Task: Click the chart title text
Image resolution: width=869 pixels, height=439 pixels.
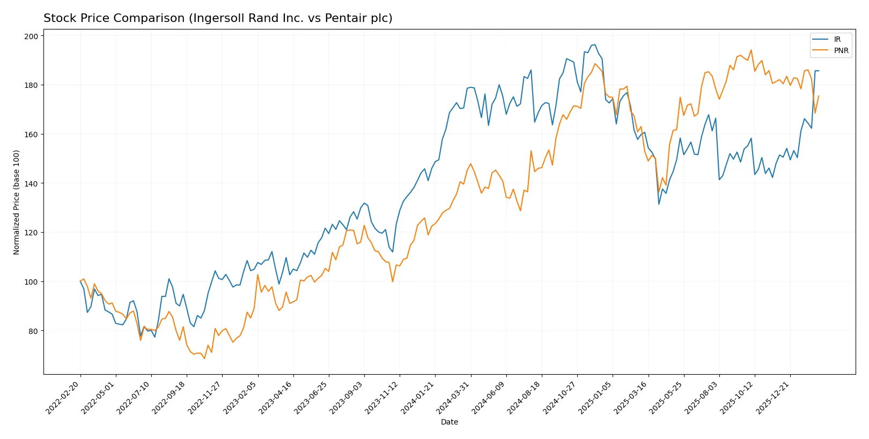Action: click(x=218, y=18)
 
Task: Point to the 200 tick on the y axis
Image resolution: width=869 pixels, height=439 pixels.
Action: click(x=31, y=36)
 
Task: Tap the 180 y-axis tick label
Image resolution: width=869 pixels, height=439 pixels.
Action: click(x=31, y=85)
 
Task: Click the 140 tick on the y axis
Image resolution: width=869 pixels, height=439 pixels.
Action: click(x=31, y=183)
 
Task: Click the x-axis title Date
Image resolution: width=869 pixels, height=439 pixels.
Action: click(x=449, y=422)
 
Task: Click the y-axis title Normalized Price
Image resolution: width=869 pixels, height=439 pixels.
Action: click(x=17, y=202)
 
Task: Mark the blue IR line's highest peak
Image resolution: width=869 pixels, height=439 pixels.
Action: click(x=594, y=44)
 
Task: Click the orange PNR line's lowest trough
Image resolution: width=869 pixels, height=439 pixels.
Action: click(x=204, y=359)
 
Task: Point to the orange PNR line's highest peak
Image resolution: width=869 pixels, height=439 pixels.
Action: click(x=751, y=50)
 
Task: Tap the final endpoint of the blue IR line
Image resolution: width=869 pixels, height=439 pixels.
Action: click(x=819, y=71)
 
